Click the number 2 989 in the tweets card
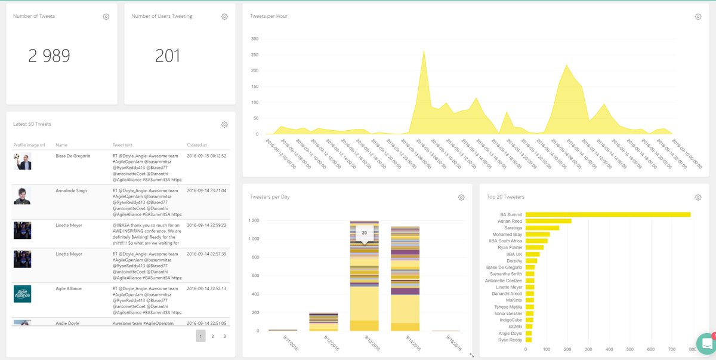pyautogui.click(x=49, y=56)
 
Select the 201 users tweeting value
pyautogui.click(x=168, y=56)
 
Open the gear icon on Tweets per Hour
pyautogui.click(x=698, y=17)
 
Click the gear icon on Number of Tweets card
pyautogui.click(x=106, y=17)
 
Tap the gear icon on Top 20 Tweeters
pyautogui.click(x=698, y=198)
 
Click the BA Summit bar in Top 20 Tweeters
pyautogui.click(x=607, y=214)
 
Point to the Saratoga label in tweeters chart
pyautogui.click(x=513, y=227)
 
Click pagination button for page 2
pyautogui.click(x=212, y=336)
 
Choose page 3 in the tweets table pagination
pyautogui.click(x=224, y=336)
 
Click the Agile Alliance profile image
pyautogui.click(x=22, y=294)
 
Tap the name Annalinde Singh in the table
pyautogui.click(x=71, y=190)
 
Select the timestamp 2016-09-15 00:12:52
pyautogui.click(x=206, y=156)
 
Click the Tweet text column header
pyautogui.click(x=122, y=144)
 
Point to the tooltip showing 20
pyautogui.click(x=364, y=233)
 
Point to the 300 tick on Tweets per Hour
pyautogui.click(x=254, y=39)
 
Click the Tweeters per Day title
pyautogui.click(x=270, y=196)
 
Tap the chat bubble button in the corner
pyautogui.click(x=706, y=344)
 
